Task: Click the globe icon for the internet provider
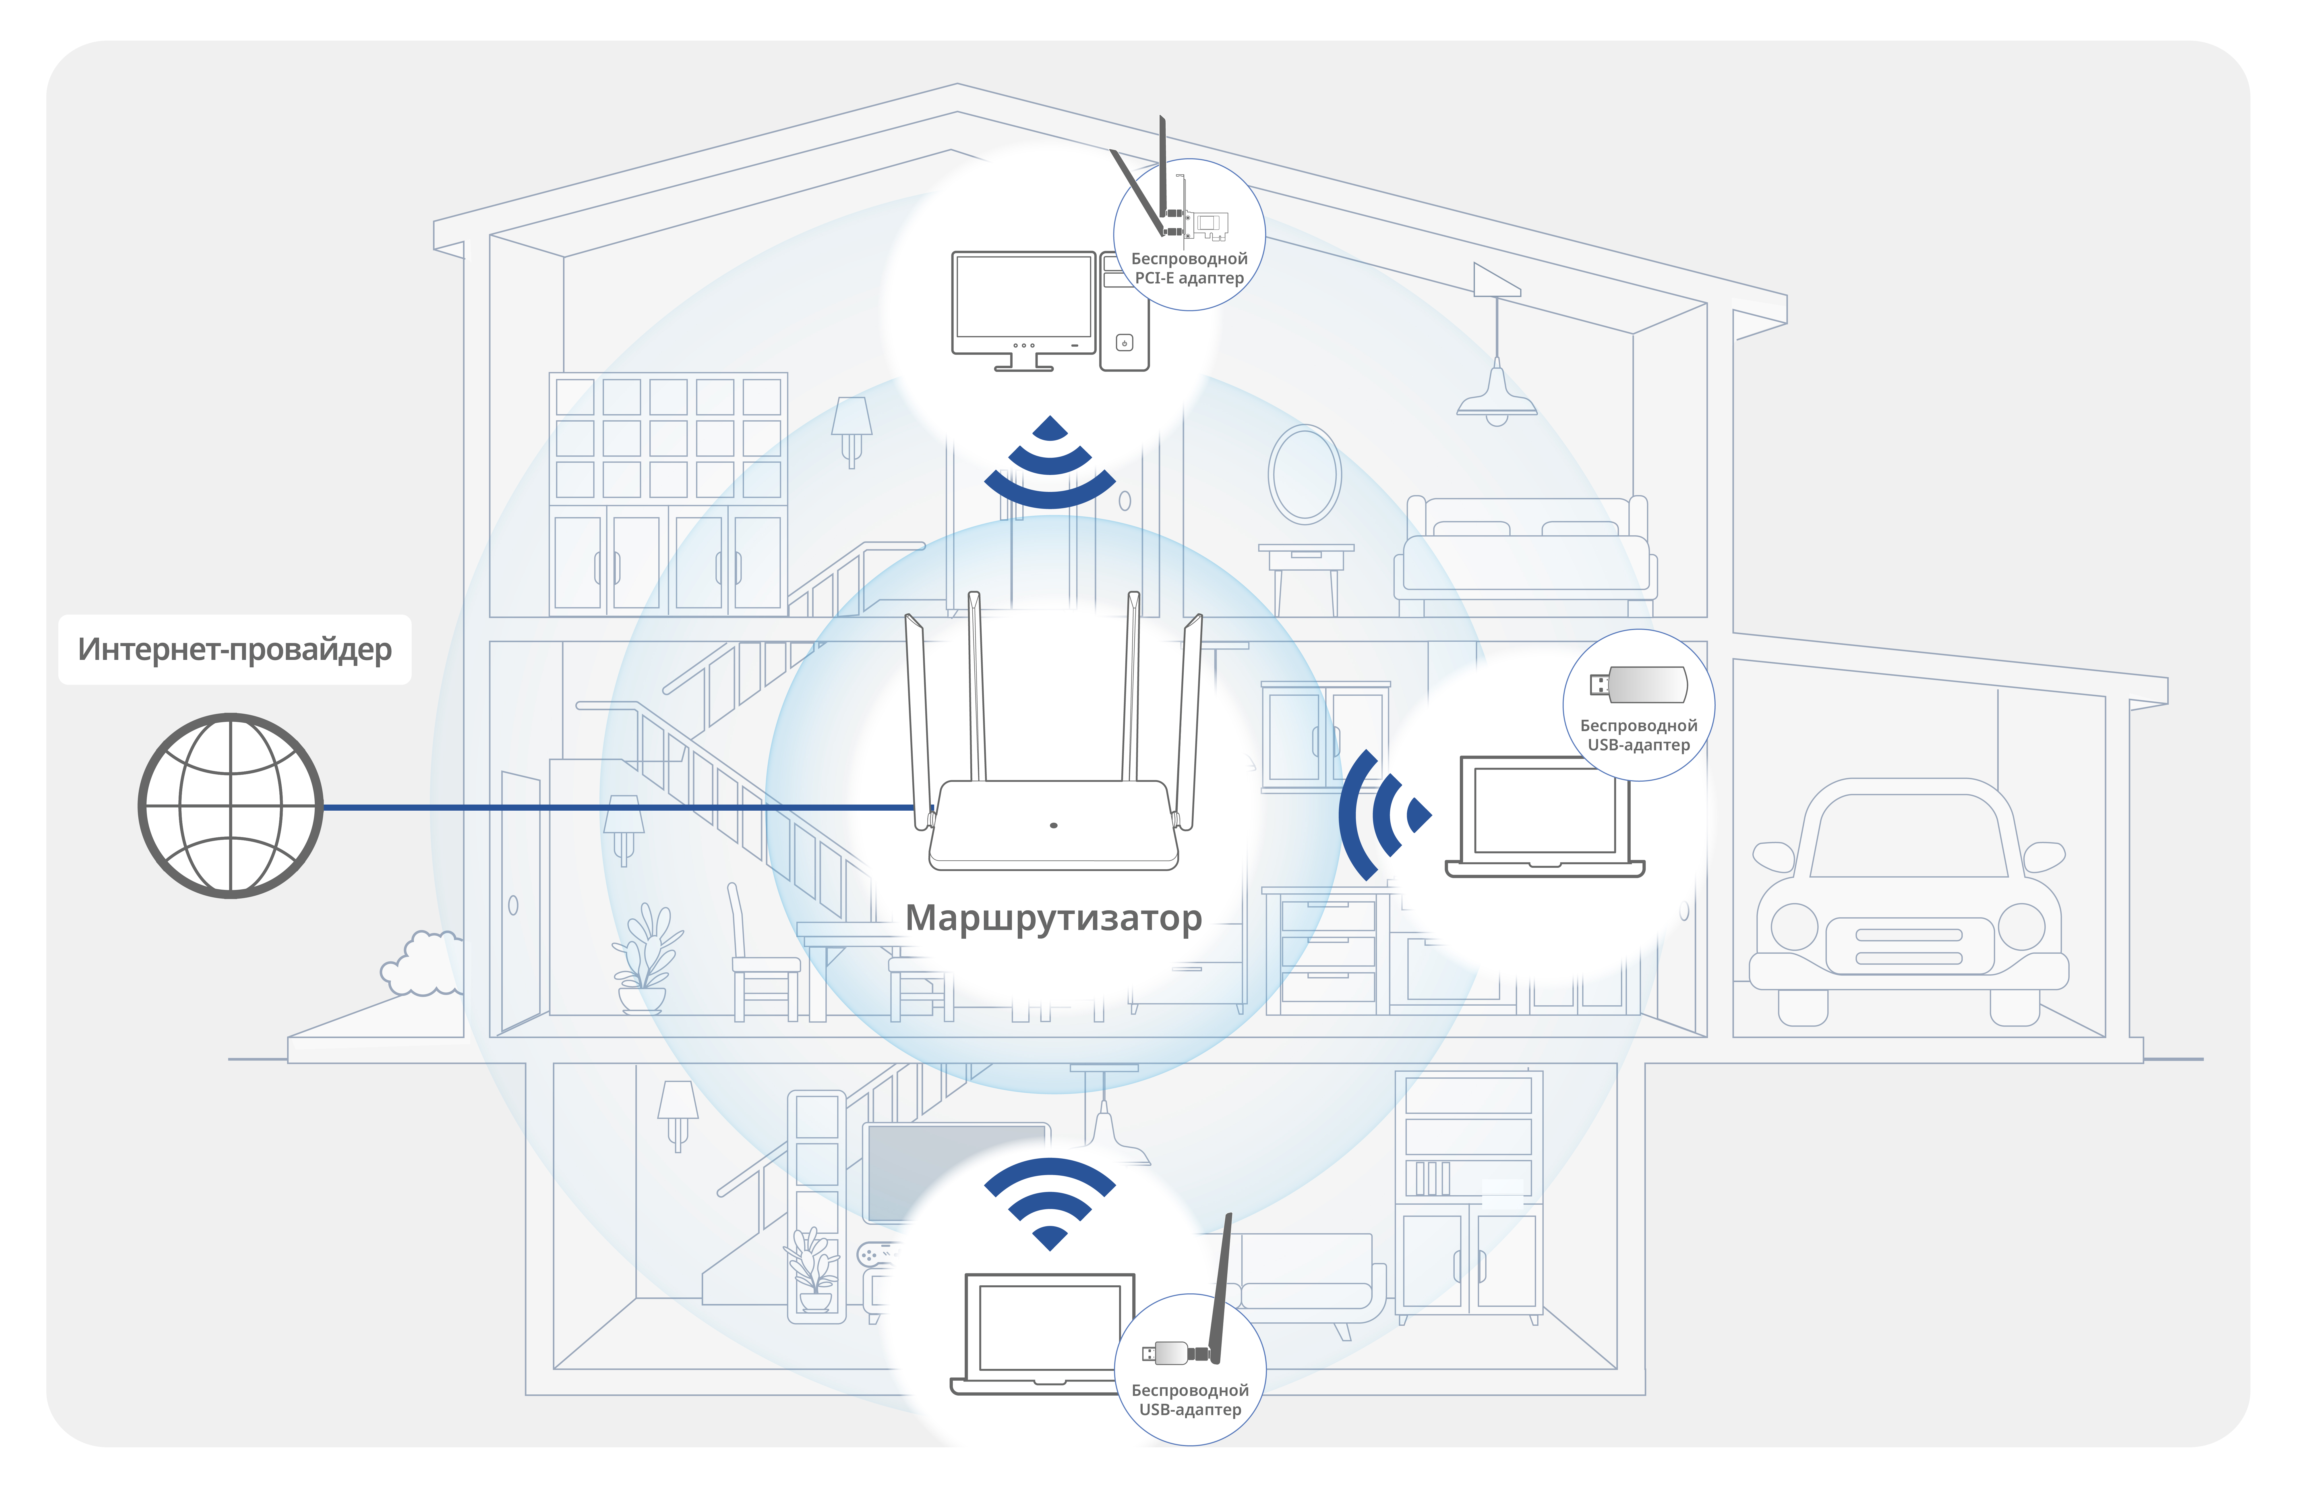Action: [231, 806]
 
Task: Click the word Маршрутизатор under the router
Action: [1053, 917]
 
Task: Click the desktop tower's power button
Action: [1124, 343]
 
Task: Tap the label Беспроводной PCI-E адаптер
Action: [1189, 268]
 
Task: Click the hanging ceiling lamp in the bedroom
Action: [1496, 396]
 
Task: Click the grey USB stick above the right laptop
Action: [1641, 684]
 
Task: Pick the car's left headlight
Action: [1794, 927]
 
